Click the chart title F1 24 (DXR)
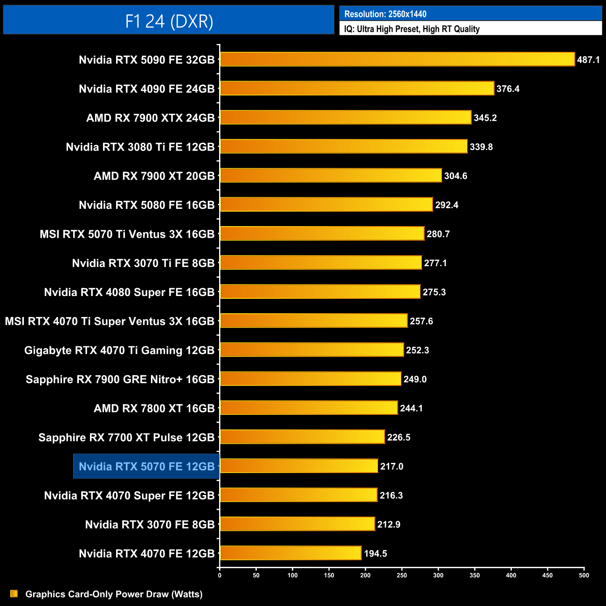click(x=169, y=21)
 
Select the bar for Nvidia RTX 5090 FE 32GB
click(x=397, y=59)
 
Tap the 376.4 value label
click(x=508, y=89)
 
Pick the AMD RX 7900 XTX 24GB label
click(x=150, y=118)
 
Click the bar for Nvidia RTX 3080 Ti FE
click(x=344, y=146)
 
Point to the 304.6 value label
click(x=455, y=176)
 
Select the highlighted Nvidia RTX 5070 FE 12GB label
click(x=146, y=466)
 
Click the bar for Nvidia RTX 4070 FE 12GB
click(x=290, y=553)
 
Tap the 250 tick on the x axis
click(x=402, y=575)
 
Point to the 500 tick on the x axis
click(x=584, y=575)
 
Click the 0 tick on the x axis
click(x=220, y=575)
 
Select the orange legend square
click(x=14, y=593)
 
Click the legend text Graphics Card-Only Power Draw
click(x=114, y=594)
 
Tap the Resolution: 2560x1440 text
click(x=385, y=14)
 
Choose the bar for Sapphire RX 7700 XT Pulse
click(x=302, y=437)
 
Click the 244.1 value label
click(x=411, y=408)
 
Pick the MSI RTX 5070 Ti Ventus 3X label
click(x=127, y=234)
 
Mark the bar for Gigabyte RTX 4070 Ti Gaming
click(x=311, y=350)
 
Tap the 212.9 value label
click(x=389, y=524)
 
